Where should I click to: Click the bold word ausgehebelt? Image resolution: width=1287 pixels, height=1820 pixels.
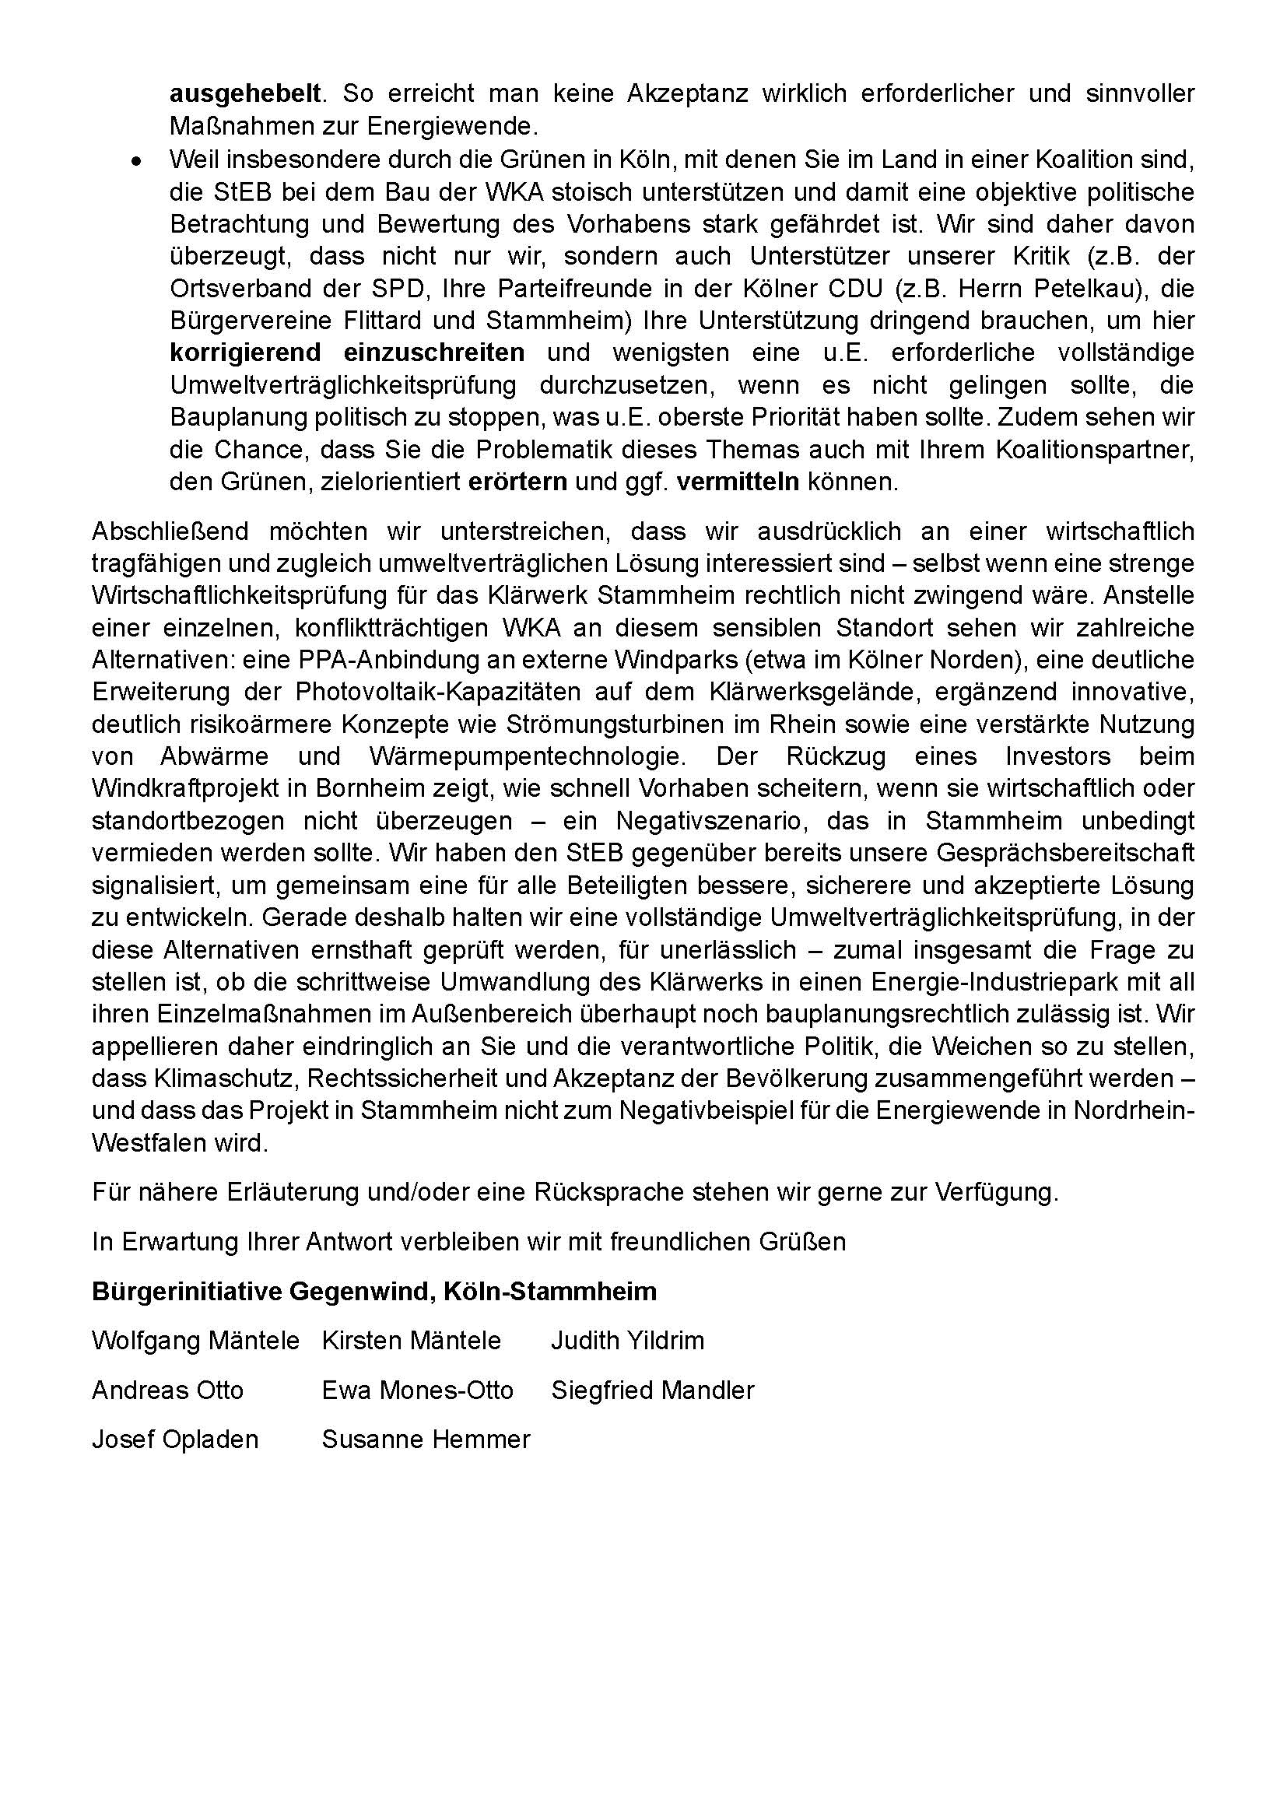(245, 93)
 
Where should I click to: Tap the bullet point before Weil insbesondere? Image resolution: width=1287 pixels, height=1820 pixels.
(137, 161)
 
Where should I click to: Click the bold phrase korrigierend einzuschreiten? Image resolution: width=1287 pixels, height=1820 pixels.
(347, 352)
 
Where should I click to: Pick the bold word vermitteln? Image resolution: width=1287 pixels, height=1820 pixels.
(738, 482)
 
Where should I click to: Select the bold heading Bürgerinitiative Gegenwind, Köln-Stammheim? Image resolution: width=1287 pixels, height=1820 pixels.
(374, 1292)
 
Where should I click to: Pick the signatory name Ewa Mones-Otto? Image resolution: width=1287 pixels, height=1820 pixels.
(418, 1390)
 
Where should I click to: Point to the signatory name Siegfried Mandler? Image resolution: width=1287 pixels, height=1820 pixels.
(653, 1390)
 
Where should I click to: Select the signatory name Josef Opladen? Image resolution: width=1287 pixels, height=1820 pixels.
(175, 1440)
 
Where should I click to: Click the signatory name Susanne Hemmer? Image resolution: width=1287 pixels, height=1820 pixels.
(426, 1440)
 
